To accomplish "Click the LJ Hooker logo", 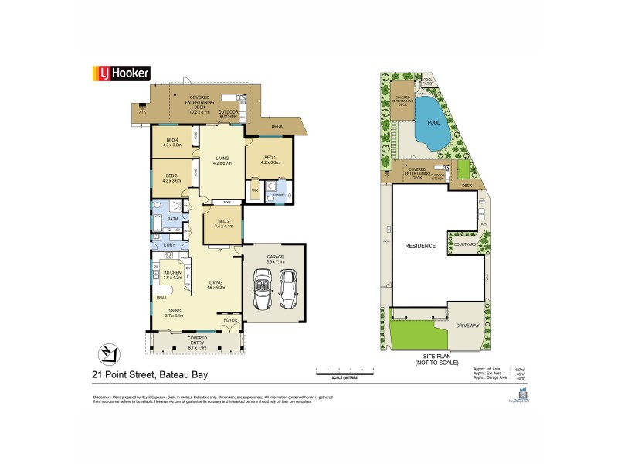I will [x=121, y=73].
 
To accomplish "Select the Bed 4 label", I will [x=171, y=142].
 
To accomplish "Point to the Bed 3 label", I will [x=171, y=178].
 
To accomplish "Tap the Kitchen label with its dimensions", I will [x=172, y=275].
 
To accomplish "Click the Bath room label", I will [x=173, y=219].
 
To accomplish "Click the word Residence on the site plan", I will [x=420, y=246].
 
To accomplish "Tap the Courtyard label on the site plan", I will [x=465, y=246].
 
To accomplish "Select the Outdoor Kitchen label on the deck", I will [x=228, y=113].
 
